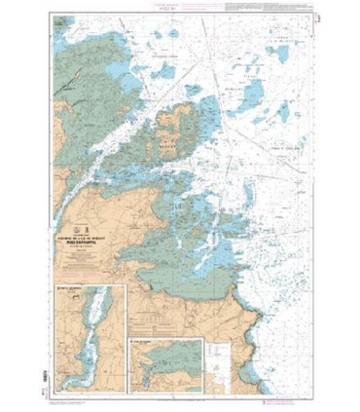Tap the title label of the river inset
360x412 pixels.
coord(72,290)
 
